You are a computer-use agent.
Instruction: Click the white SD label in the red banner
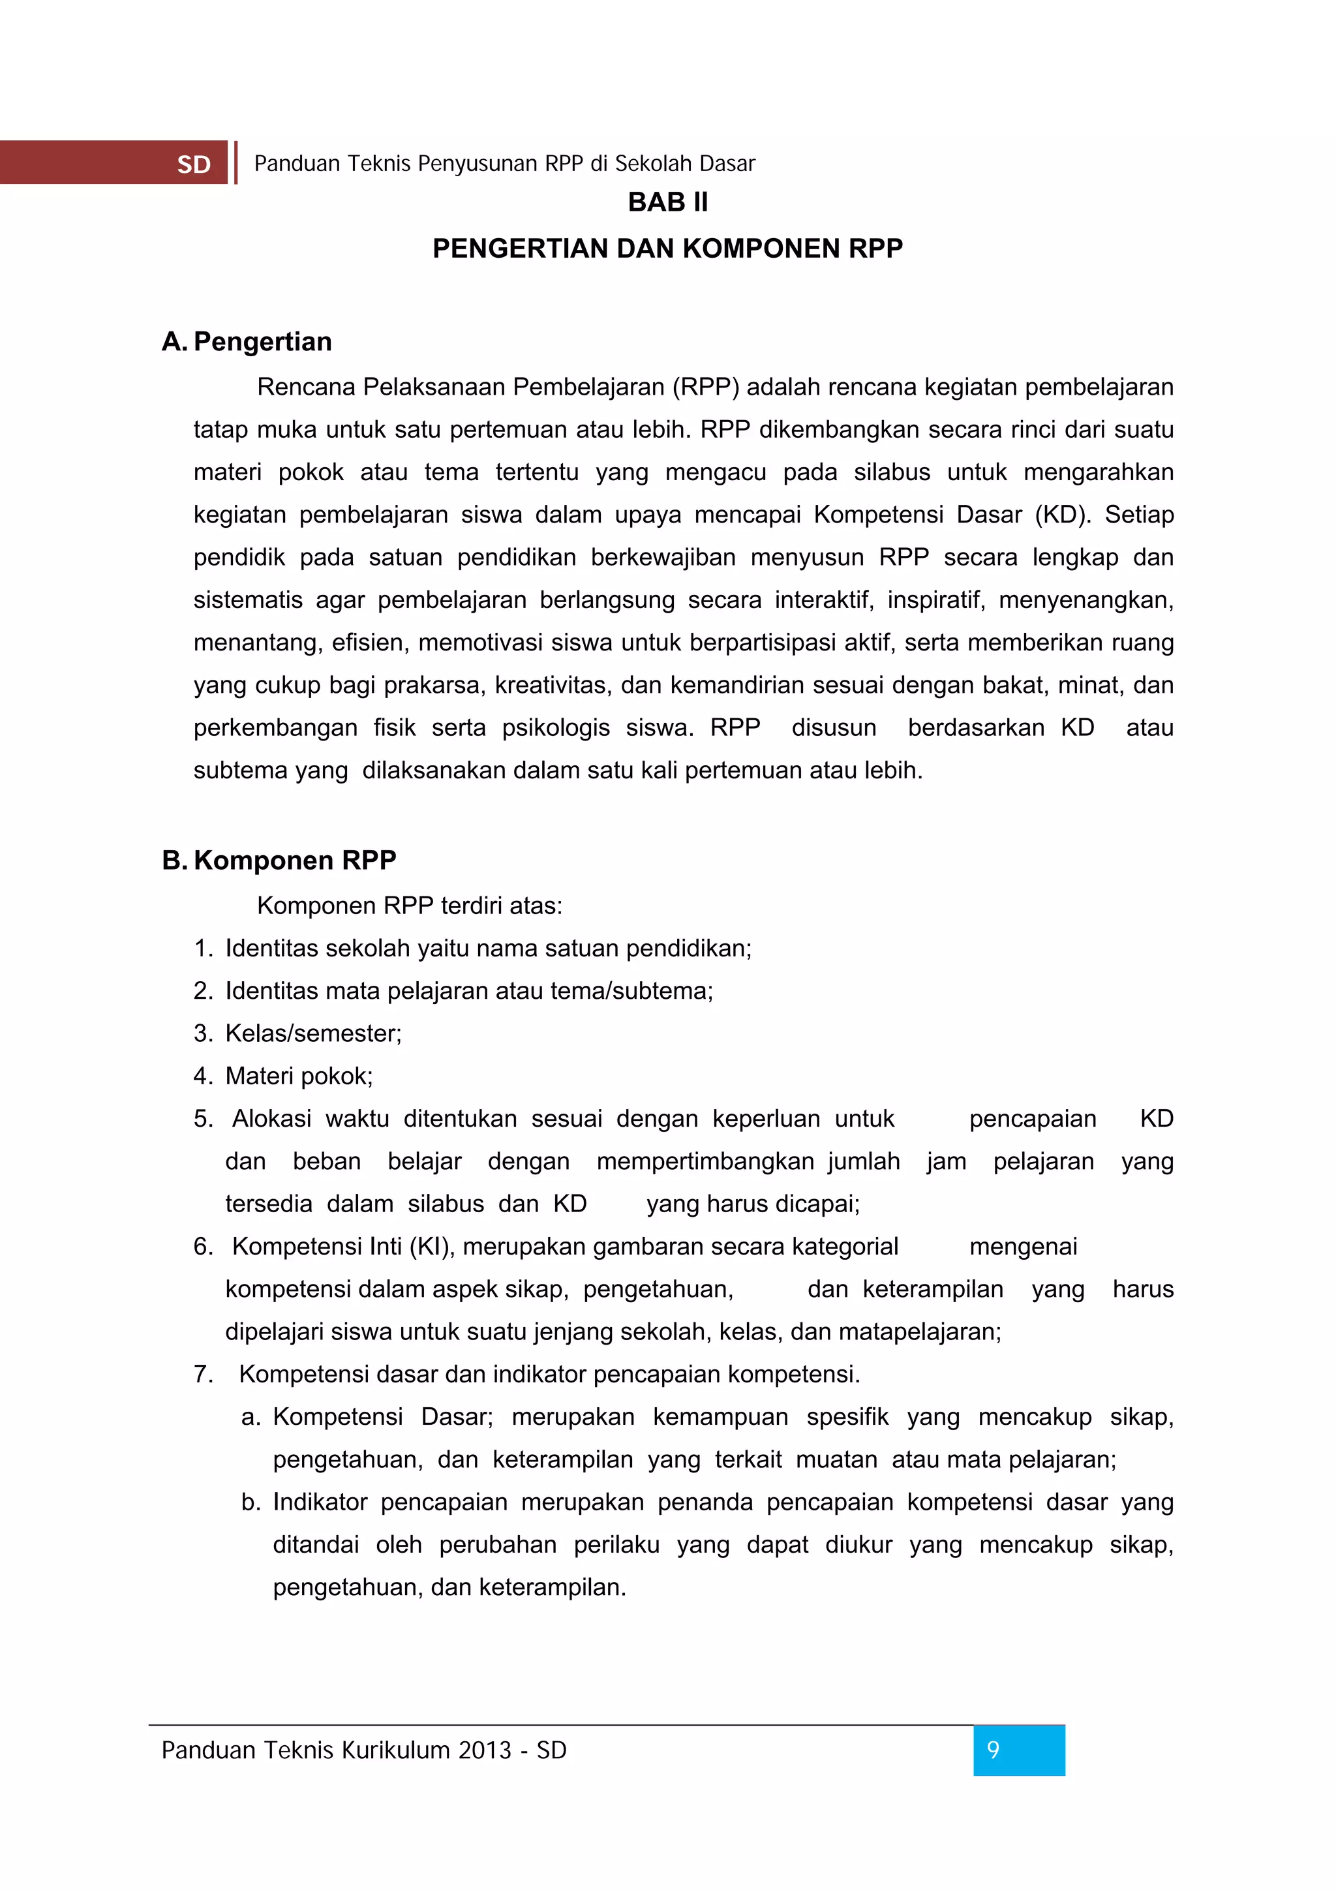(194, 164)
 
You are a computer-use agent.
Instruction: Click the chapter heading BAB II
(667, 202)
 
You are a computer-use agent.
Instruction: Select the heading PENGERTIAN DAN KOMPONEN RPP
(667, 249)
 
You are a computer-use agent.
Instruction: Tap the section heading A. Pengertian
(247, 342)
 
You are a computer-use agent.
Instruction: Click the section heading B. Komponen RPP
(279, 861)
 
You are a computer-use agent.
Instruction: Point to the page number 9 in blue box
(994, 1750)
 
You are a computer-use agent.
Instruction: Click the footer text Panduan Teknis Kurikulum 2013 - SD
(364, 1750)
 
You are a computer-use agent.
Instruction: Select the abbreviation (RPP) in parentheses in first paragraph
(705, 387)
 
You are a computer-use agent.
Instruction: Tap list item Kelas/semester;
(314, 1033)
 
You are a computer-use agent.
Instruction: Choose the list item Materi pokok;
(299, 1076)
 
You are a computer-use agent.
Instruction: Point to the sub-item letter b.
(250, 1502)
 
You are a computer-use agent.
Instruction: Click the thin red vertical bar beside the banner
(236, 162)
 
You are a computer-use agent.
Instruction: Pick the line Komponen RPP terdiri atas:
(409, 906)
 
